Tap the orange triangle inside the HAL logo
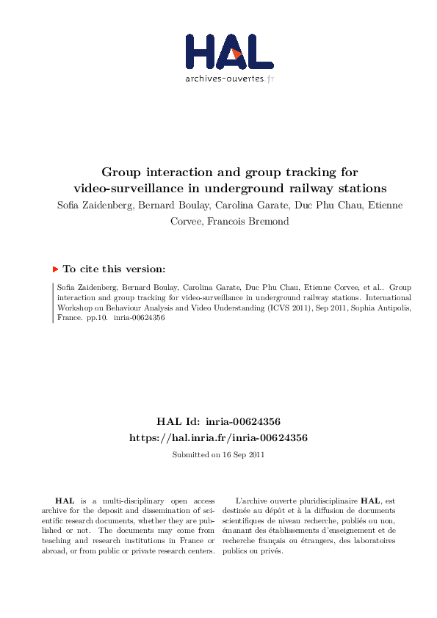tap(236, 54)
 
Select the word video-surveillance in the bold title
tap(133, 188)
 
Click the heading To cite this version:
tap(114, 269)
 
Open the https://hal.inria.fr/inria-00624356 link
tap(218, 437)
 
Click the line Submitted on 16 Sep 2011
tap(218, 455)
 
